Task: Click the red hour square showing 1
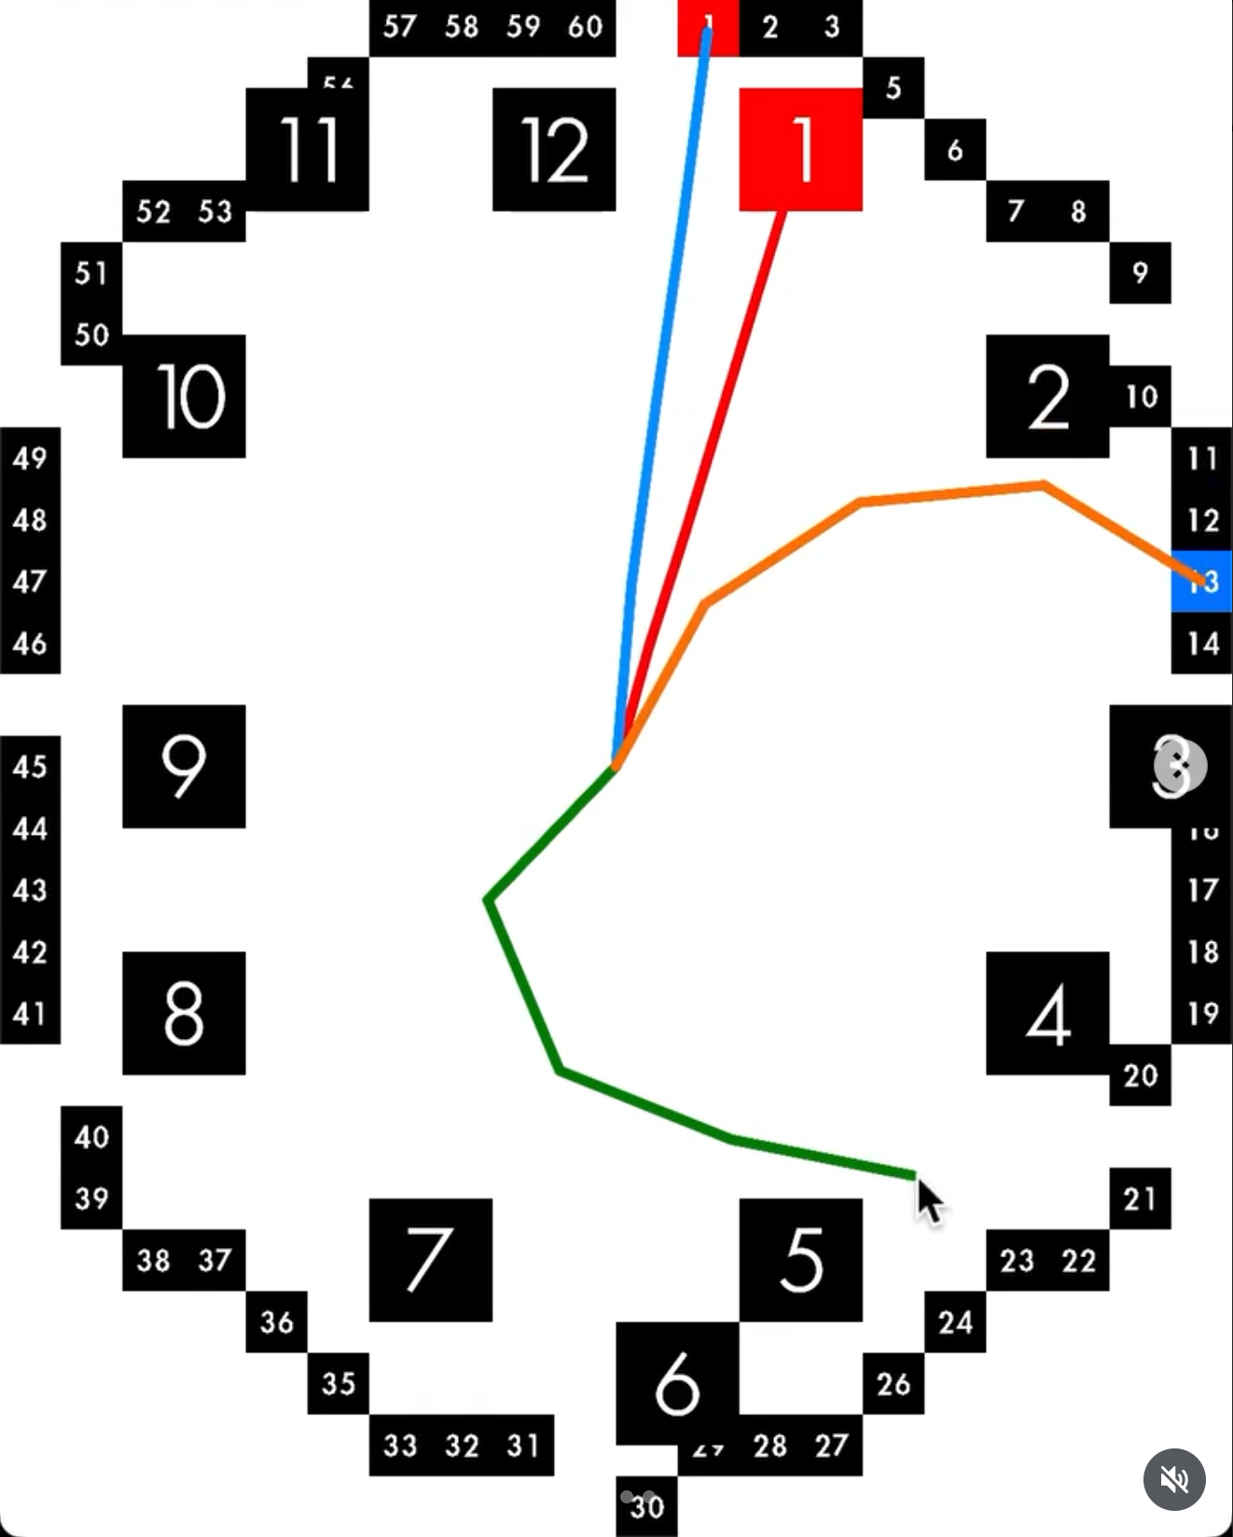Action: [x=800, y=149]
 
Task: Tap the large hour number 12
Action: [x=554, y=149]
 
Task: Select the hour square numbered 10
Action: [x=185, y=396]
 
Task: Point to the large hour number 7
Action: [x=430, y=1260]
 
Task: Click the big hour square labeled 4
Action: [x=1047, y=1014]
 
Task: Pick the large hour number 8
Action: [x=185, y=1014]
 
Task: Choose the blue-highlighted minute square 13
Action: [x=1202, y=581]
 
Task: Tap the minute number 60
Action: [x=585, y=26]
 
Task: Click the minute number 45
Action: [x=30, y=767]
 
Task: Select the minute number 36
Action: [x=277, y=1322]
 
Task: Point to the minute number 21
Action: [x=1140, y=1198]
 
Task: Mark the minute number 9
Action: [x=1140, y=272]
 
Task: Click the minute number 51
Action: [x=91, y=272]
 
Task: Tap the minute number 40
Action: [x=91, y=1137]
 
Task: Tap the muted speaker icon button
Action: [x=1174, y=1479]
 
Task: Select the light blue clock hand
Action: [x=662, y=373]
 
